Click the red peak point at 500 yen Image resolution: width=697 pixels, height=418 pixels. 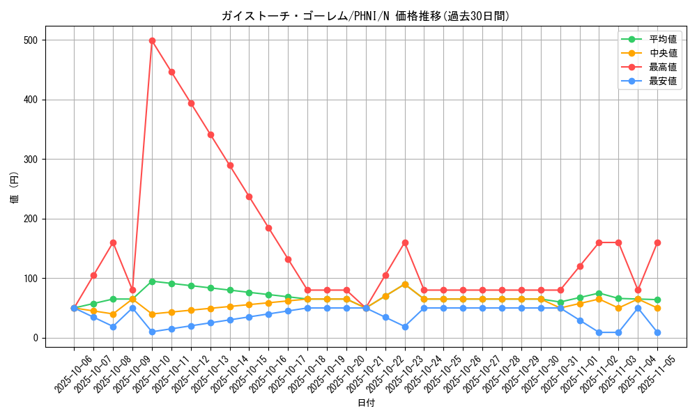pos(152,40)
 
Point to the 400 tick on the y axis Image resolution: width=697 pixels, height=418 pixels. pos(32,100)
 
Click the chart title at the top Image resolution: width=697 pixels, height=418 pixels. pos(366,16)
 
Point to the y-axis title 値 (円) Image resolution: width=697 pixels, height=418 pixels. pos(15,187)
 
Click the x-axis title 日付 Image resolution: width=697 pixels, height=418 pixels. pos(366,403)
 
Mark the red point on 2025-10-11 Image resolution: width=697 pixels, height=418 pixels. pos(171,72)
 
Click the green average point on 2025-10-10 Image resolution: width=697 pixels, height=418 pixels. pos(152,281)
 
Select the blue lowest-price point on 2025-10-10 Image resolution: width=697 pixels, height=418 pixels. pos(152,332)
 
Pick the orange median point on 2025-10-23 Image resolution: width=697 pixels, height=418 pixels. pos(405,284)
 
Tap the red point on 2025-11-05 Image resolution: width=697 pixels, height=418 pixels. pos(657,242)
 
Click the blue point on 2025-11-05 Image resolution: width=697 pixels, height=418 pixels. pos(657,332)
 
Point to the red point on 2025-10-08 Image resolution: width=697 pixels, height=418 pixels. pos(113,242)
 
